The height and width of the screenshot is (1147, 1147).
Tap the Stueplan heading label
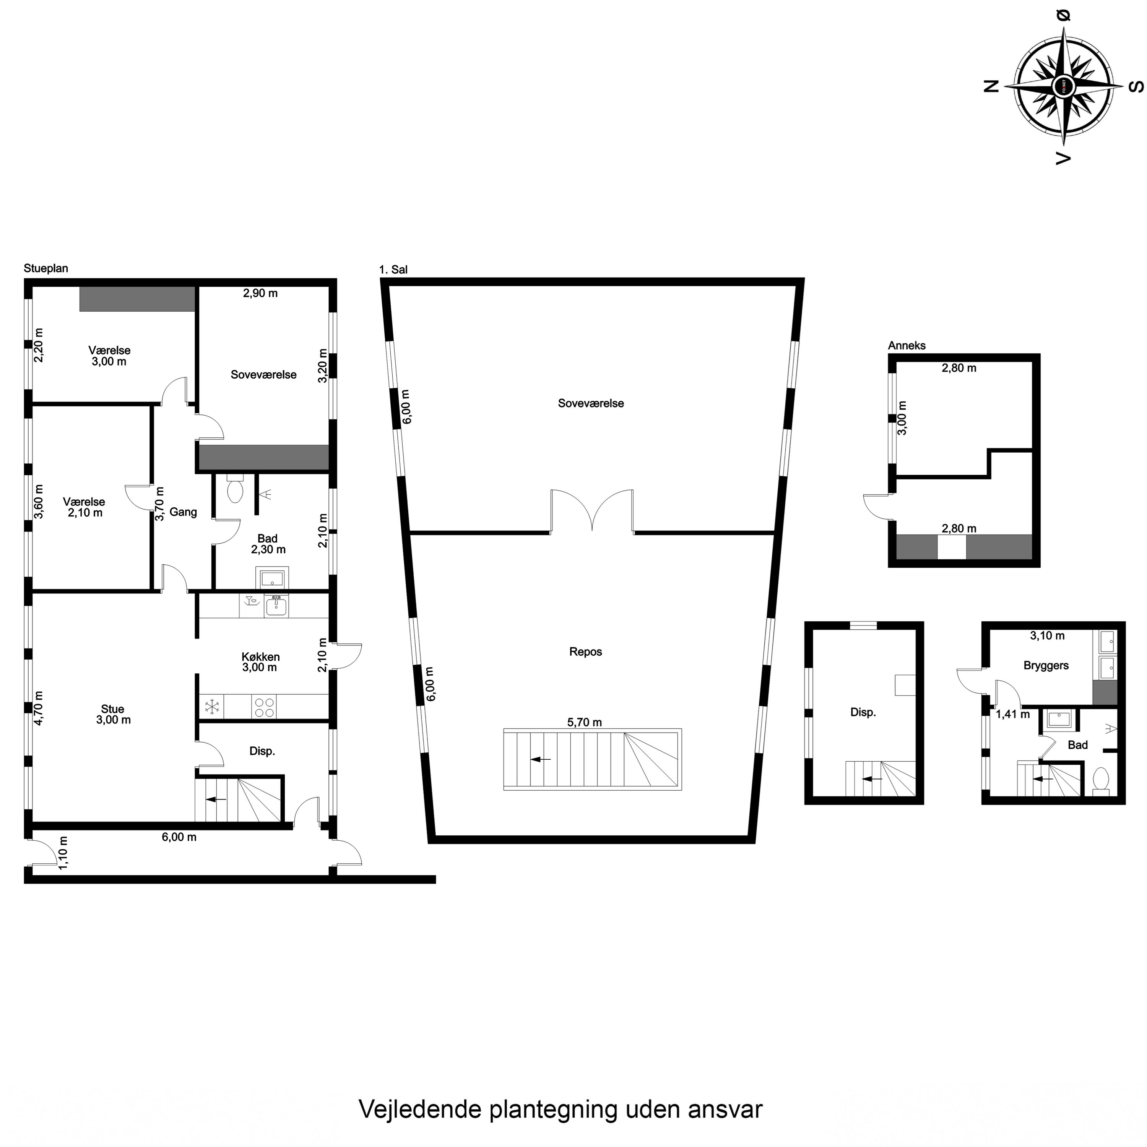pos(46,268)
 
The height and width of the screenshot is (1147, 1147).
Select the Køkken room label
pos(261,656)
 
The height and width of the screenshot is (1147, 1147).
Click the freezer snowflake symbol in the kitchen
pos(212,707)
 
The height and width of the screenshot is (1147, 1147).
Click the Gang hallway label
pos(183,512)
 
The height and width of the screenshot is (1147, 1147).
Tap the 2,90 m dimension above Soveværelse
pos(261,293)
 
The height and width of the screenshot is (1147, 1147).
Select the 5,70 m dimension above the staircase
pos(585,722)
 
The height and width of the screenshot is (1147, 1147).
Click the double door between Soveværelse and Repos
pos(592,510)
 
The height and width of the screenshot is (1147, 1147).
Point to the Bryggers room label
pos(1046,666)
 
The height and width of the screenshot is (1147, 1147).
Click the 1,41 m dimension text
pos(1013,714)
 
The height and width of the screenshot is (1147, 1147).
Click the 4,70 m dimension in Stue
pos(39,708)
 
